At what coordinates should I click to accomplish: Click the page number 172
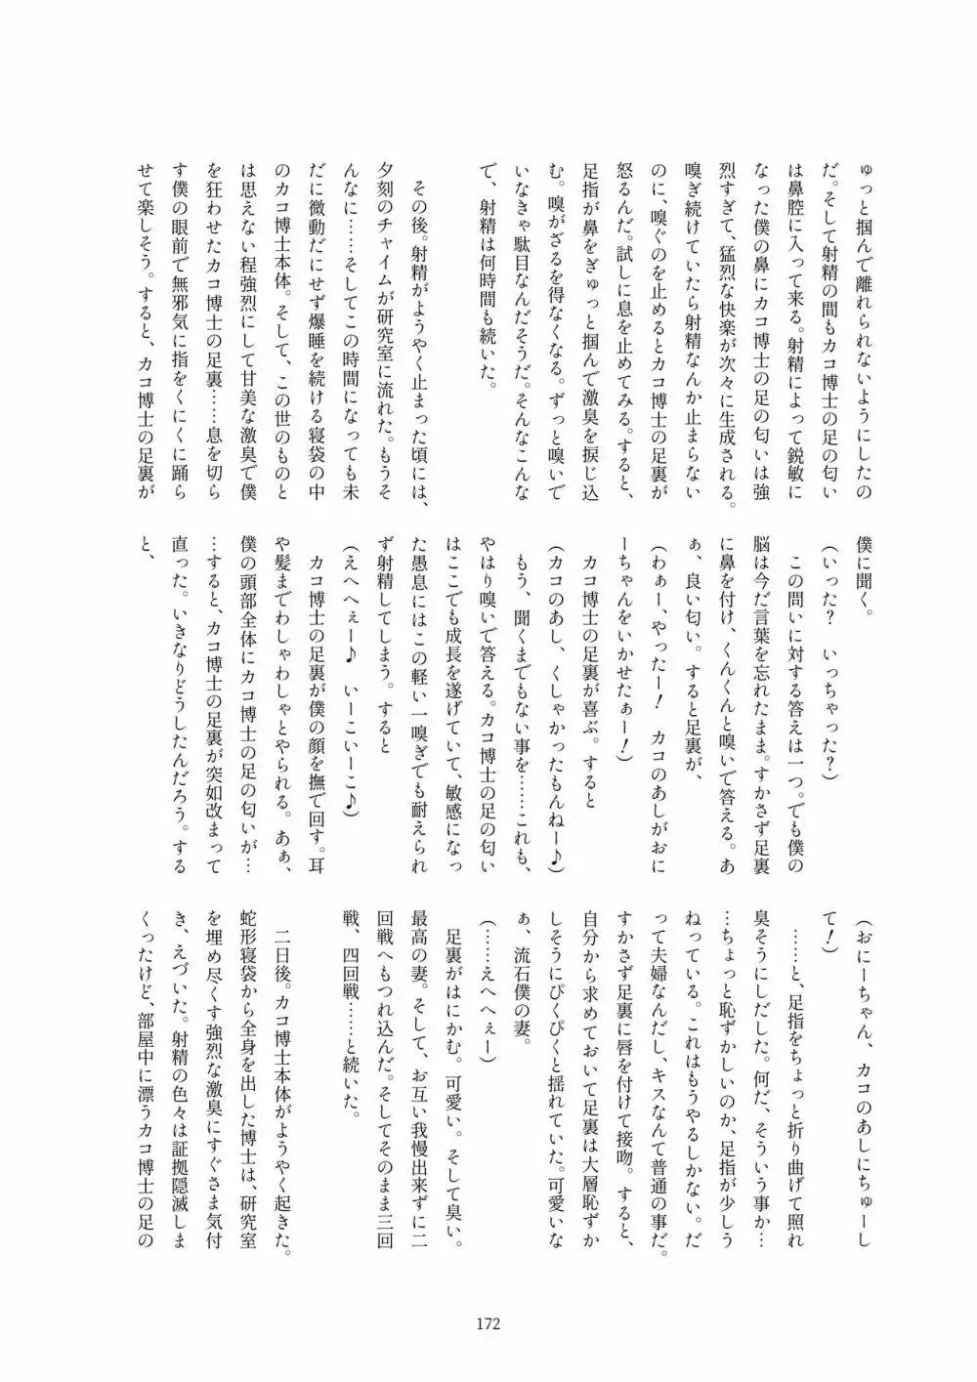[x=488, y=1324]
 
